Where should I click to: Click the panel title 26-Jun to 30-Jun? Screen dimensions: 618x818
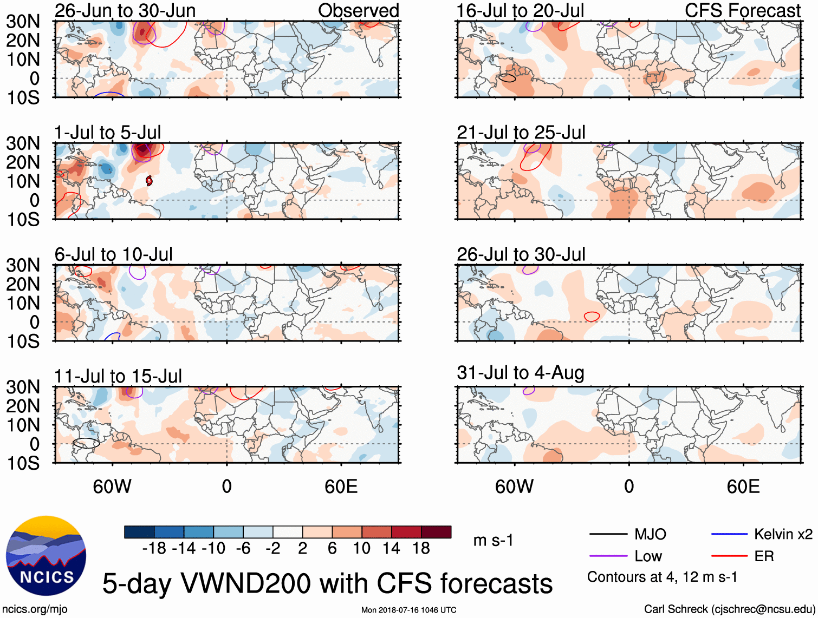point(125,10)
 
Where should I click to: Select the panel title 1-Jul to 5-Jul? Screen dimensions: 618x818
point(108,133)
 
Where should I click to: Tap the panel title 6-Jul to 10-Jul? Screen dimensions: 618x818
point(114,254)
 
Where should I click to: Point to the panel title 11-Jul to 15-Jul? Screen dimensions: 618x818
point(118,376)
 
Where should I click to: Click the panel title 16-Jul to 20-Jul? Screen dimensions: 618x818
point(521,10)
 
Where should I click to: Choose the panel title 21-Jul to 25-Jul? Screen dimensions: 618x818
point(521,133)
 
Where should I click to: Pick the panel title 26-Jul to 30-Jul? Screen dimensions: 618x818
point(521,254)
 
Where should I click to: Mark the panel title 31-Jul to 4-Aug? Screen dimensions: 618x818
point(521,373)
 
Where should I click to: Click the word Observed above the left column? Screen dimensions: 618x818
point(359,10)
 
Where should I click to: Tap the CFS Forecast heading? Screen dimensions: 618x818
point(743,10)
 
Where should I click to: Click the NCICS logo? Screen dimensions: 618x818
point(46,556)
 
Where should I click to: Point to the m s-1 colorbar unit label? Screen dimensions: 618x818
point(493,541)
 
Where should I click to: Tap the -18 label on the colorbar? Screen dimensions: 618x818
point(154,549)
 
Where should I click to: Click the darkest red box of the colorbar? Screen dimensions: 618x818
point(436,532)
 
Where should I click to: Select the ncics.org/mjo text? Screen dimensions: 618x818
point(35,609)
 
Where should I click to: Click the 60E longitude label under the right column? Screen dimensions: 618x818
point(743,486)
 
